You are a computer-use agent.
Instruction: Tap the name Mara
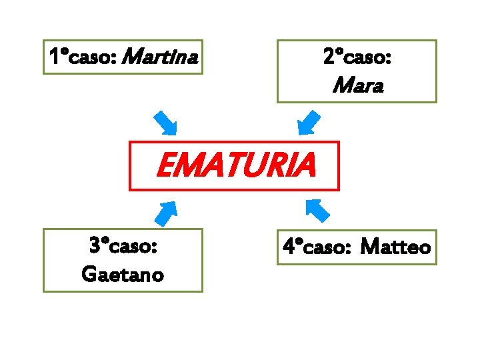click(x=357, y=85)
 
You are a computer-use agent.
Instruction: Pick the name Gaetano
click(x=122, y=274)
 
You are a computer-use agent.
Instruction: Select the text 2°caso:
click(x=357, y=57)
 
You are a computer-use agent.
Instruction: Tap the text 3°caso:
click(x=123, y=246)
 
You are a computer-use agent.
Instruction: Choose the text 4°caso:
click(x=317, y=248)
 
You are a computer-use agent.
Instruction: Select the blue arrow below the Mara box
click(x=308, y=123)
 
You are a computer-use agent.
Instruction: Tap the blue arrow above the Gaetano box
click(x=165, y=211)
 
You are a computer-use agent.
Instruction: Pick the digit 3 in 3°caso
click(x=94, y=246)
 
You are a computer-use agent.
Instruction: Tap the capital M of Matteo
click(x=369, y=248)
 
